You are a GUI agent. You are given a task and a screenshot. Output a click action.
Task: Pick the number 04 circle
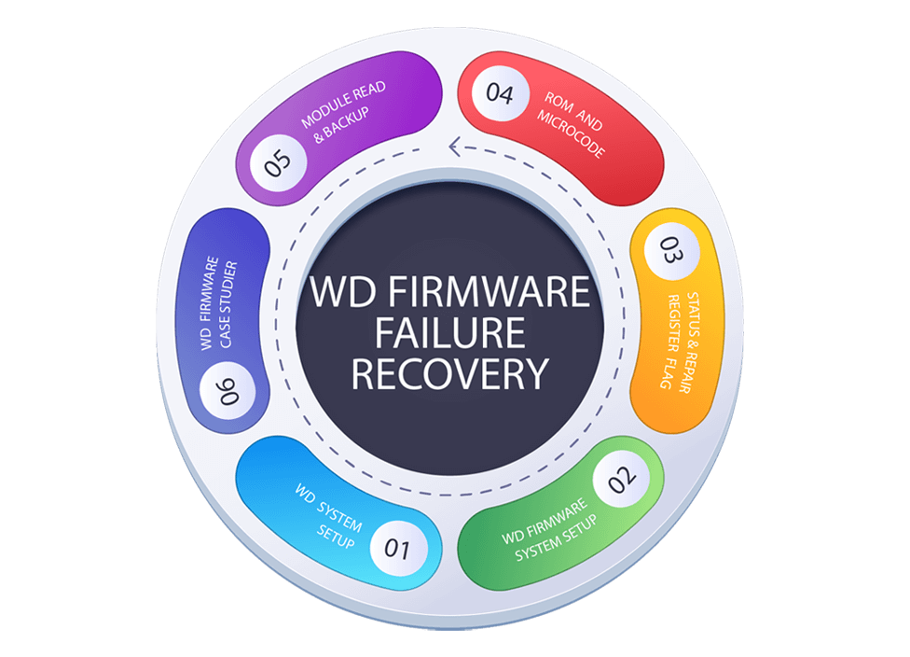[500, 95]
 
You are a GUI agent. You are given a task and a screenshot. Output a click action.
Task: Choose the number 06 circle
[227, 389]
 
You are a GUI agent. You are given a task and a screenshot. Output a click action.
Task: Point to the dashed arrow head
[455, 145]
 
